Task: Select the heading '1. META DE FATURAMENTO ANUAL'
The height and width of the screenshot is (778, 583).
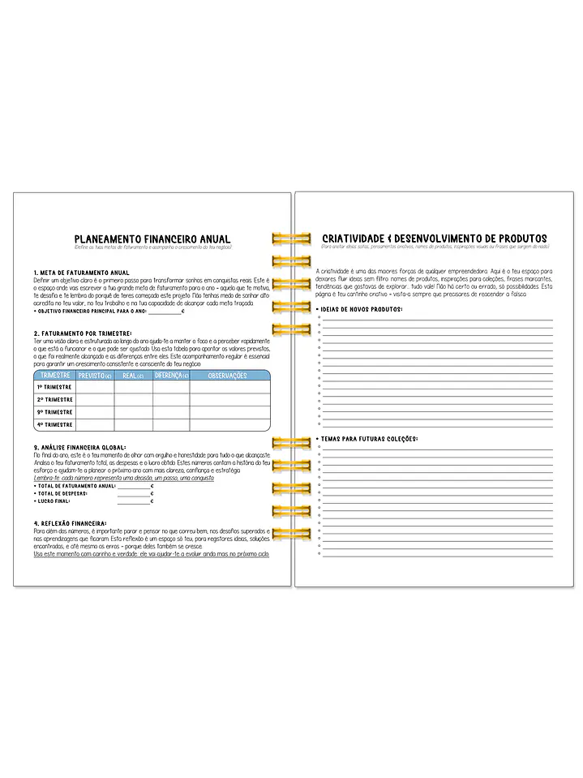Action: (x=81, y=272)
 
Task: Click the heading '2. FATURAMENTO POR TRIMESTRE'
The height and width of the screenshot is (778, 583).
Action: (x=83, y=333)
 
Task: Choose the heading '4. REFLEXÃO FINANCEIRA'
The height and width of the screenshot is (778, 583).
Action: (x=72, y=523)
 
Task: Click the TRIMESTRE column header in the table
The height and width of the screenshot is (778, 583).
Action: (x=54, y=376)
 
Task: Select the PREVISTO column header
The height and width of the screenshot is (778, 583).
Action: (x=95, y=376)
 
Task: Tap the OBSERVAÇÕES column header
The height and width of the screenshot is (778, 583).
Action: (x=228, y=376)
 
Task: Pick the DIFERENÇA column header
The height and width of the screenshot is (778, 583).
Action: (x=170, y=376)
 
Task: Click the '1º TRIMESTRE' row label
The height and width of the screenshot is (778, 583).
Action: (x=54, y=387)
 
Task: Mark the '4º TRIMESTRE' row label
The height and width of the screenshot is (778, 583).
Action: (x=54, y=424)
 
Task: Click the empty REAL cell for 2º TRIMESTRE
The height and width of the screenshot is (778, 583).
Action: (x=133, y=399)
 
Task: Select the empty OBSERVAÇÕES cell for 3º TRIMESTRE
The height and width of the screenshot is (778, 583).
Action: (x=228, y=412)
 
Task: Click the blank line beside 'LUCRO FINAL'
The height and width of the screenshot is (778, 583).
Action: (x=133, y=501)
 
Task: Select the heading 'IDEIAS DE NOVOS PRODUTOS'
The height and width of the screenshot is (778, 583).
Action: (x=361, y=309)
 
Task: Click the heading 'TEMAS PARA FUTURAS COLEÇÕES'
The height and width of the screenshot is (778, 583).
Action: (x=369, y=439)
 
